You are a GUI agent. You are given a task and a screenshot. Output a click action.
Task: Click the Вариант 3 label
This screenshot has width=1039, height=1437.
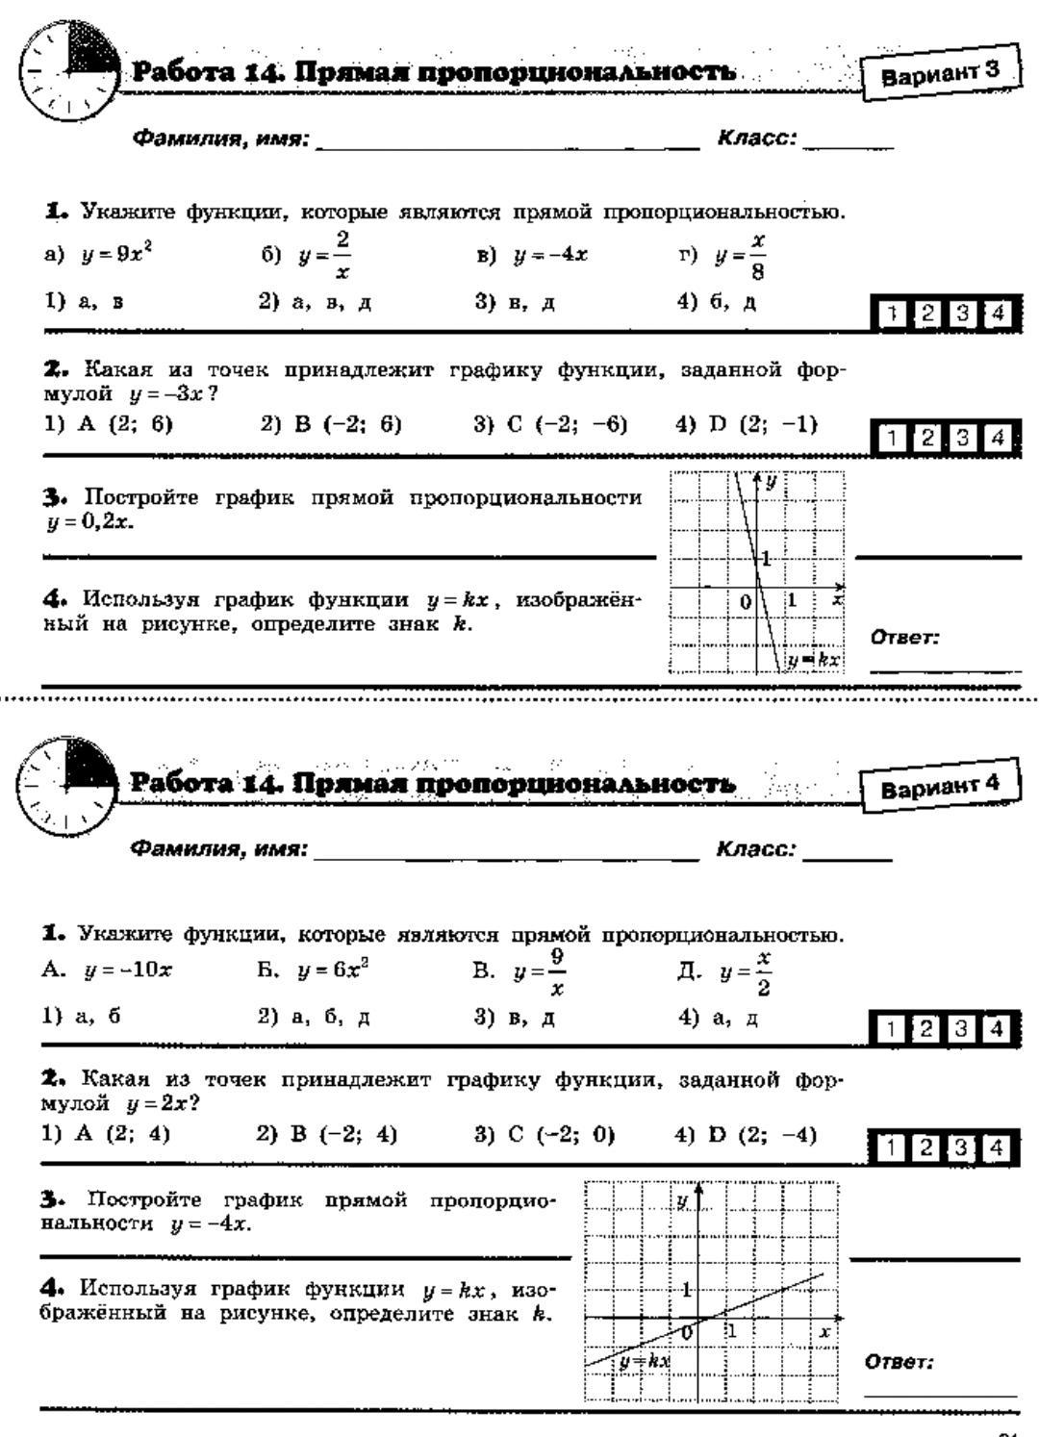tap(940, 73)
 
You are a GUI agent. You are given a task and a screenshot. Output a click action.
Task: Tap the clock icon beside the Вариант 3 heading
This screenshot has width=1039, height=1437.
tap(67, 71)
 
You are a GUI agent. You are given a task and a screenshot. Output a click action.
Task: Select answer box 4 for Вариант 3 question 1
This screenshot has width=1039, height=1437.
tap(999, 314)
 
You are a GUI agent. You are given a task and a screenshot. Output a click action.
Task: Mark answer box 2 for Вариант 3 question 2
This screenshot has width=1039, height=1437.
tap(927, 438)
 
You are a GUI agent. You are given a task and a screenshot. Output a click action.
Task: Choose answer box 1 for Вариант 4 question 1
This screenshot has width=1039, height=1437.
tap(892, 1028)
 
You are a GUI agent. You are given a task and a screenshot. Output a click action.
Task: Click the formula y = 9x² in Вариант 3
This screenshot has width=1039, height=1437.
tap(117, 255)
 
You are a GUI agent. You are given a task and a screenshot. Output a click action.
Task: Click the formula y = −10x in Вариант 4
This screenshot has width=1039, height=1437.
tap(128, 971)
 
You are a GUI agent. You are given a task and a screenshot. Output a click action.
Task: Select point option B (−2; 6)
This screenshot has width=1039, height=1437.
tap(331, 424)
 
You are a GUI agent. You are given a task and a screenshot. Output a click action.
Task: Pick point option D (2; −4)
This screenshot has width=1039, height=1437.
tap(747, 1135)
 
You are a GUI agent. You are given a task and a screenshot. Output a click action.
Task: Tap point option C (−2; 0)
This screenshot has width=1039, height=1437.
tap(545, 1135)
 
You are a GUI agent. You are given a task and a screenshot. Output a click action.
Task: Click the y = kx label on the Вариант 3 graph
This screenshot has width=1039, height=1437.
tap(814, 660)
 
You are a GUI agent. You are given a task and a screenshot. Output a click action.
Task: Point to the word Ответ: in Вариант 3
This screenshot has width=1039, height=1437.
tap(904, 637)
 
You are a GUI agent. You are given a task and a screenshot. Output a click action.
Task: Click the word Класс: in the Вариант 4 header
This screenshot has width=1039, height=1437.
tap(755, 849)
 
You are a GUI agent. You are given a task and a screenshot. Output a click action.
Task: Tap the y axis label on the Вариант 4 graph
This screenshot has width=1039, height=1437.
tap(681, 1200)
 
